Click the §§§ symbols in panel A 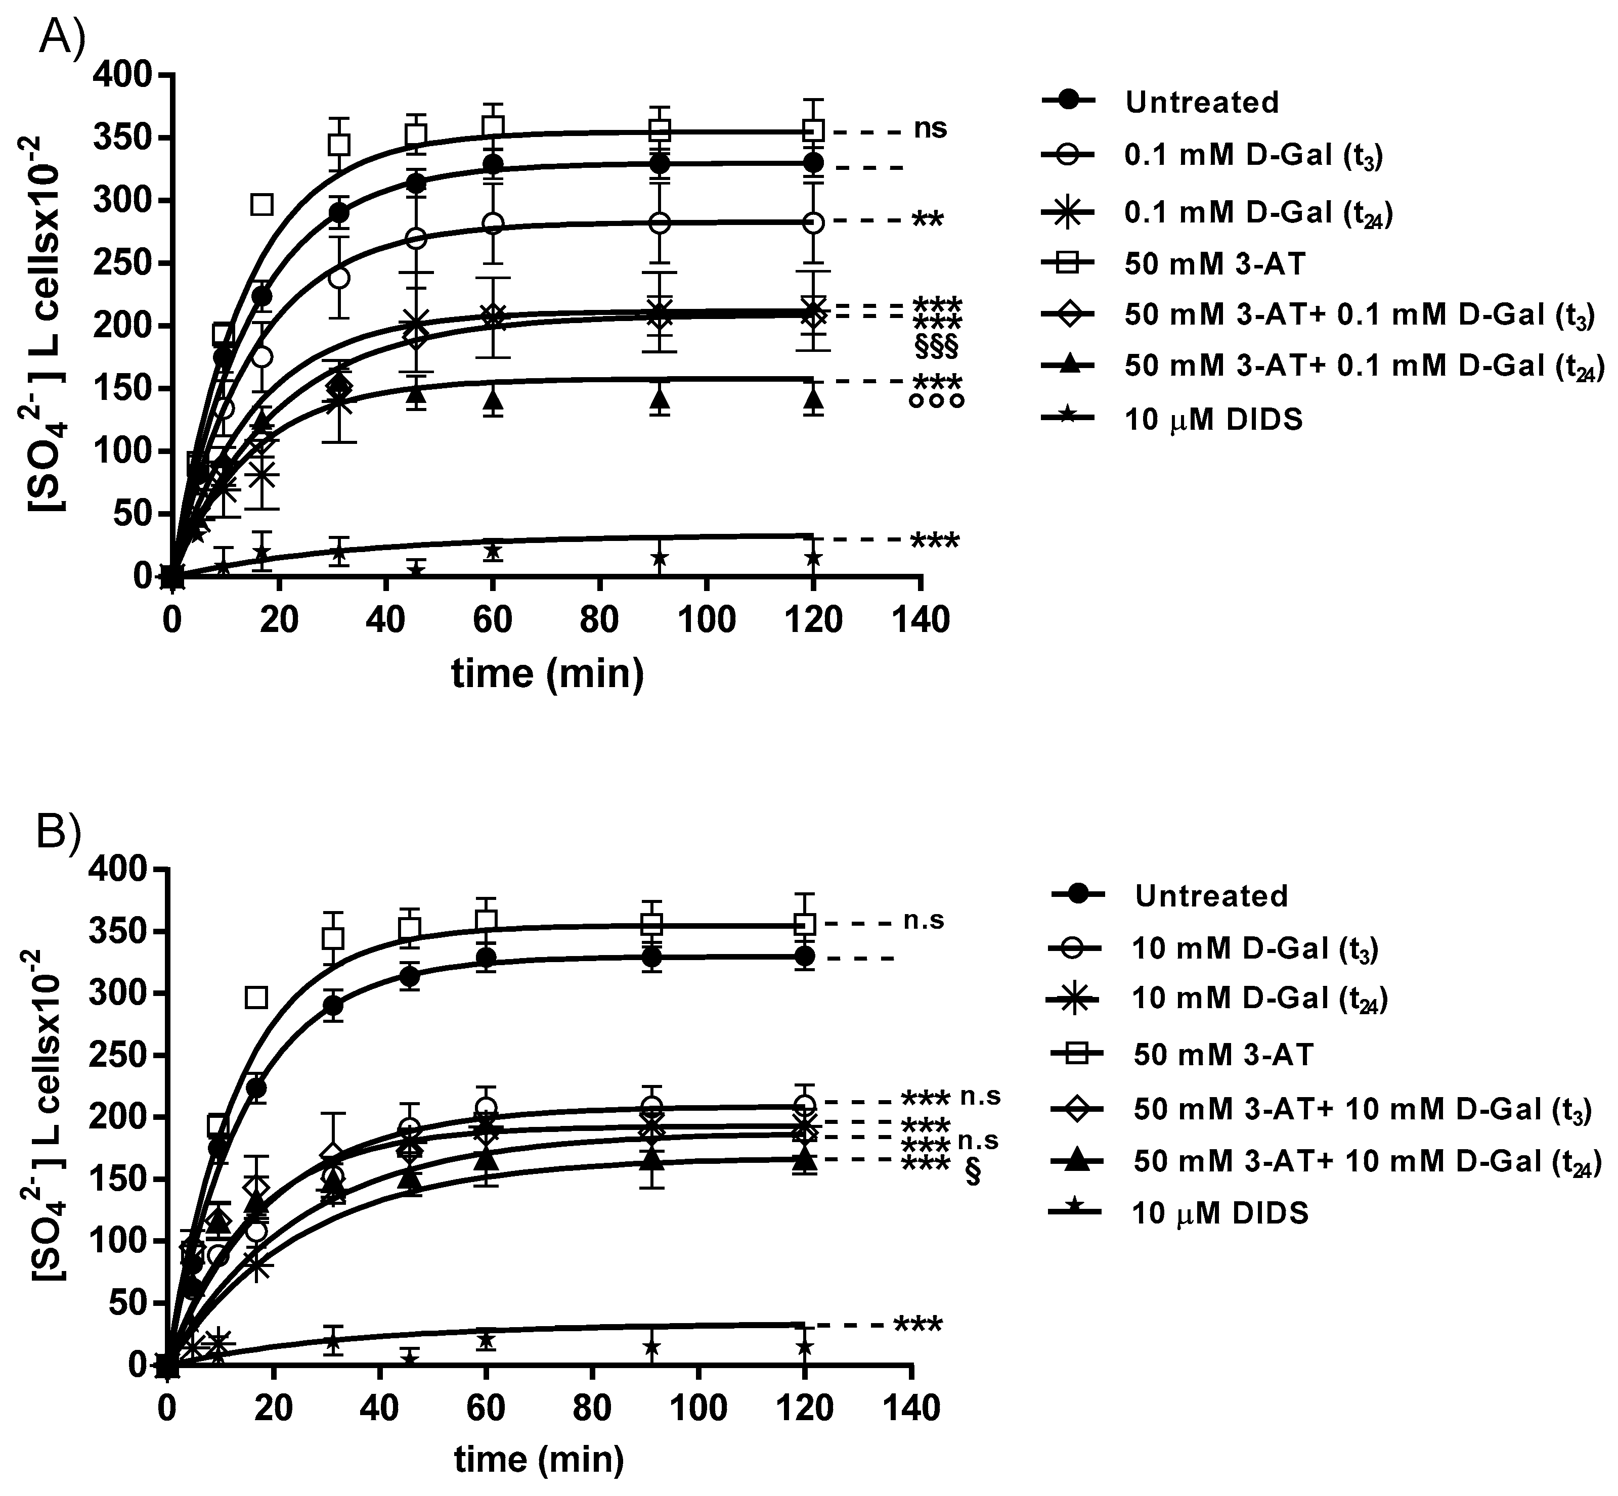[936, 346]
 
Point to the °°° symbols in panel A [937, 401]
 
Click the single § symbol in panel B [973, 1173]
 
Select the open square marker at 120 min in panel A [814, 130]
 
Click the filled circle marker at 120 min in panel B [804, 957]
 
